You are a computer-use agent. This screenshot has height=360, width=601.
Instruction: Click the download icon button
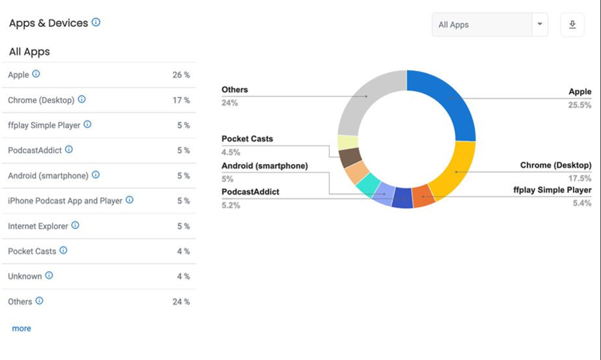572,25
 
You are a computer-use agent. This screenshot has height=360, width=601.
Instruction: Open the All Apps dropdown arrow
540,25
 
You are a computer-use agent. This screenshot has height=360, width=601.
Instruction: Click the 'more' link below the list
22,328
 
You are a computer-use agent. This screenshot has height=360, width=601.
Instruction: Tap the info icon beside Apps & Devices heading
96,22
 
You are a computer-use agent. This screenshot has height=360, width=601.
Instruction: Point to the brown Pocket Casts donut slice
350,157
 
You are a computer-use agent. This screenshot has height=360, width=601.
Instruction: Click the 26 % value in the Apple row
181,75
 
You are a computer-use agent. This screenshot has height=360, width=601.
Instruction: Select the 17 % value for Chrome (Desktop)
181,100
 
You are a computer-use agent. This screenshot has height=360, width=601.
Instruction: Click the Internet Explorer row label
38,226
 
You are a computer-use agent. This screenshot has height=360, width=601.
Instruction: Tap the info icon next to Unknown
49,276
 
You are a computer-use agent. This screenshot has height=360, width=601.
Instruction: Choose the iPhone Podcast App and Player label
65,200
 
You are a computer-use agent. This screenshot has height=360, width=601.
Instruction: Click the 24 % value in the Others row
181,301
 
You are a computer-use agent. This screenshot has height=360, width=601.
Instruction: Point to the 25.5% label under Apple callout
579,105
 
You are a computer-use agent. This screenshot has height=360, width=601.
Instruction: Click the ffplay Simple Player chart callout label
552,190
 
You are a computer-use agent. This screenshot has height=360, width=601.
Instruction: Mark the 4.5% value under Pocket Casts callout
231,152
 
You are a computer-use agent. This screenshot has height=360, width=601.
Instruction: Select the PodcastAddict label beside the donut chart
250,191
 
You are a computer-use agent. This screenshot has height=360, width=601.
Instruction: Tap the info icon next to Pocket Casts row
63,251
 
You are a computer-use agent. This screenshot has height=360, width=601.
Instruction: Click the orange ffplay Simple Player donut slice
423,196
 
